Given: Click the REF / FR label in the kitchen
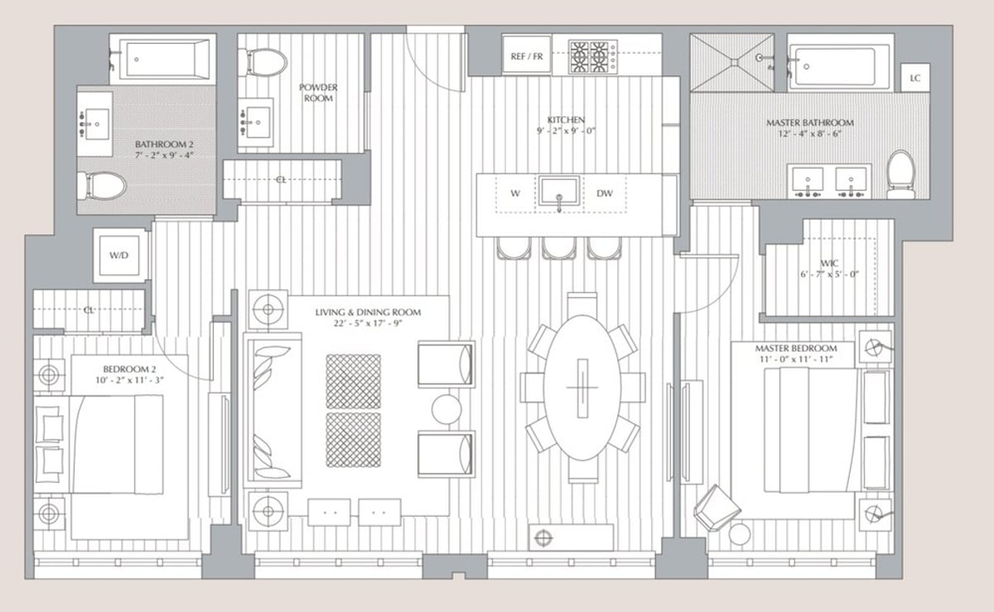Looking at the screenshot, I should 527,57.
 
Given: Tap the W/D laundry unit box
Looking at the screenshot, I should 119,256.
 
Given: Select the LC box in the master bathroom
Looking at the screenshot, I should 915,78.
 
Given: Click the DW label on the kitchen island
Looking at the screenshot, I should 605,194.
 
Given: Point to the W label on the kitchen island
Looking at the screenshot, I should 514,194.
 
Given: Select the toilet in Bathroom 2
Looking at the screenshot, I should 102,186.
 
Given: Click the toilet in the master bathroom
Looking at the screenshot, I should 900,174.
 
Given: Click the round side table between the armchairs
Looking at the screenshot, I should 446,408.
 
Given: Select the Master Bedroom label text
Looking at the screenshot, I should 795,349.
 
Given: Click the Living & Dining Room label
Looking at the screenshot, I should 367,312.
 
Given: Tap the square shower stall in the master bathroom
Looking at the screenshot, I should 731,62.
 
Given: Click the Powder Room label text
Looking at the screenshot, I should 318,93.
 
